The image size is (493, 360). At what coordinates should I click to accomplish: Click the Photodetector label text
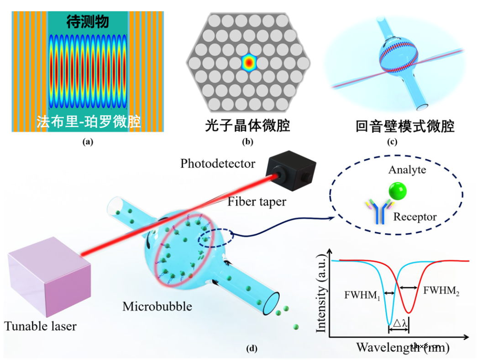click(218, 164)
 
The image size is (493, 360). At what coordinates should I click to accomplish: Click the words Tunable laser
click(40, 326)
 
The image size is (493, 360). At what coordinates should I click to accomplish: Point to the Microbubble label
click(157, 306)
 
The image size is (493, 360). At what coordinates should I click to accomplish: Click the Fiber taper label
click(257, 201)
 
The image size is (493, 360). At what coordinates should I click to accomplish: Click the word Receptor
click(415, 217)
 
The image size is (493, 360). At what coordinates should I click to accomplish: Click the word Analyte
click(407, 170)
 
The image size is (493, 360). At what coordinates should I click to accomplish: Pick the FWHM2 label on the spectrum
click(441, 291)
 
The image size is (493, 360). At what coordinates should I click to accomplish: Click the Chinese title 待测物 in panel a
click(88, 21)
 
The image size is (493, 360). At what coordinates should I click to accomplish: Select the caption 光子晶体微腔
click(247, 125)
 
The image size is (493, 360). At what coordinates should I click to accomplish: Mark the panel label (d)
click(252, 349)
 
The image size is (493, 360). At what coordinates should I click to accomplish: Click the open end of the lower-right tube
click(273, 303)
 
